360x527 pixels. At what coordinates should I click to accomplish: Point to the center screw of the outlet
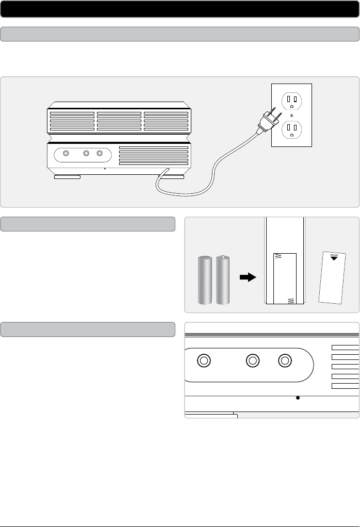pyautogui.click(x=291, y=115)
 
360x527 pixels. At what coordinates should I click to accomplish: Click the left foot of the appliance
pyautogui.click(x=67, y=177)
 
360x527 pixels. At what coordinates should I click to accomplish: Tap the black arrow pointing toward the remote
pyautogui.click(x=248, y=277)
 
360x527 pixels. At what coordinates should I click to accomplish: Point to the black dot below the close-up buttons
pyautogui.click(x=298, y=398)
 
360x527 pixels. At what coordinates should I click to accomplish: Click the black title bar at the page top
pyautogui.click(x=180, y=9)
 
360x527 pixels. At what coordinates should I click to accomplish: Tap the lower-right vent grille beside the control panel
pyautogui.click(x=153, y=155)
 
